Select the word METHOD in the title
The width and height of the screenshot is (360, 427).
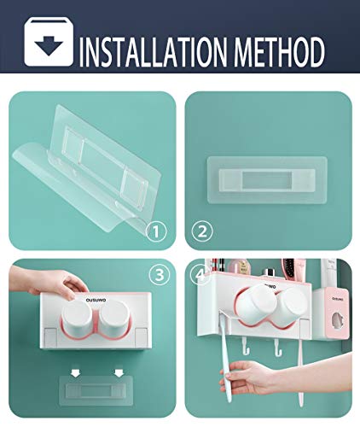[x=280, y=50]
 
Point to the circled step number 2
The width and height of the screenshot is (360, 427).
[x=203, y=230]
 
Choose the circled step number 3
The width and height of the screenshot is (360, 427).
[x=157, y=275]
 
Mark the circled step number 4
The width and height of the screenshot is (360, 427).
[x=201, y=275]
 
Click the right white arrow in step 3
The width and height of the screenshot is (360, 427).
[x=117, y=372]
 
